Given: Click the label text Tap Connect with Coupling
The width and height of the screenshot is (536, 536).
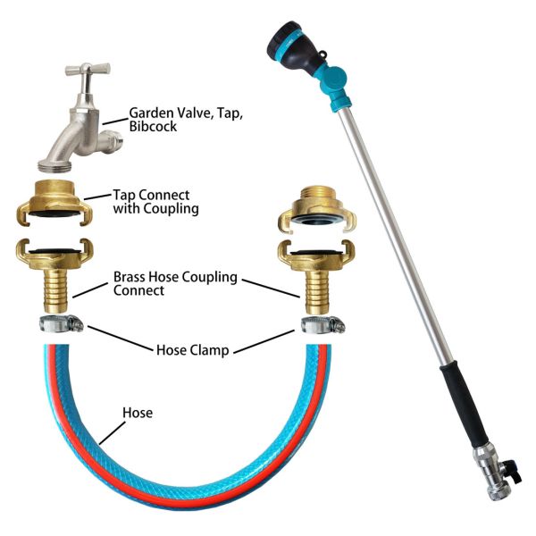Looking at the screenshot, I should click(155, 202).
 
